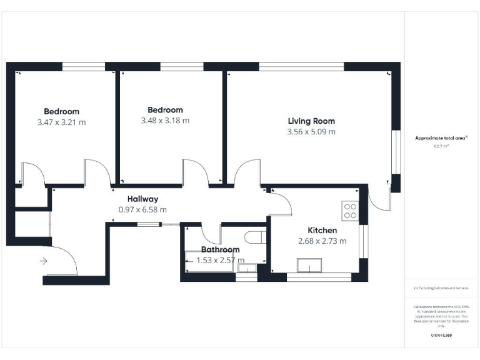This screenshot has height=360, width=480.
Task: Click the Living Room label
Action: coord(311,121)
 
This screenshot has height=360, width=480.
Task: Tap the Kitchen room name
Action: coord(322,230)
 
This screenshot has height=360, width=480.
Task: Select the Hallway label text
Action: coord(142,199)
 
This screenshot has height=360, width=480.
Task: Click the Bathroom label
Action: coord(220,250)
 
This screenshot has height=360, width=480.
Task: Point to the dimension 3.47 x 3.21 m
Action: coord(61,122)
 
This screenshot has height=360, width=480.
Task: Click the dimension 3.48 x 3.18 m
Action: coord(165,121)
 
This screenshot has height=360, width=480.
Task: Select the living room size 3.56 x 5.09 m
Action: coord(311,132)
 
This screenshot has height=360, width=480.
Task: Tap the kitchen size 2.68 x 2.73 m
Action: coord(322,241)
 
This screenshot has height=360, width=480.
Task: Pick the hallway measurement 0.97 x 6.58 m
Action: coord(142,210)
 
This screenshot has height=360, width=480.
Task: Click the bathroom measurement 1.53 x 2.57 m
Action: coord(220,260)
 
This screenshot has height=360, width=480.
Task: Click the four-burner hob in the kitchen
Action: coord(350,211)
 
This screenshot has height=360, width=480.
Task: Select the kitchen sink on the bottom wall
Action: coord(311,268)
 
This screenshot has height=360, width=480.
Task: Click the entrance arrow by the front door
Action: coord(43,261)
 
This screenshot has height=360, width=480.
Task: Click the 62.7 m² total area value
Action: coord(441,146)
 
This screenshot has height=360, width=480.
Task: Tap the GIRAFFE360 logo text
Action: coord(441,336)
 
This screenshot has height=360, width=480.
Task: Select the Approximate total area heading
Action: coord(441,138)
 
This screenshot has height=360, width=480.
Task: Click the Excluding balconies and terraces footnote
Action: coord(441,287)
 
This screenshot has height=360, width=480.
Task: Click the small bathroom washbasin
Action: coord(247,268)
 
